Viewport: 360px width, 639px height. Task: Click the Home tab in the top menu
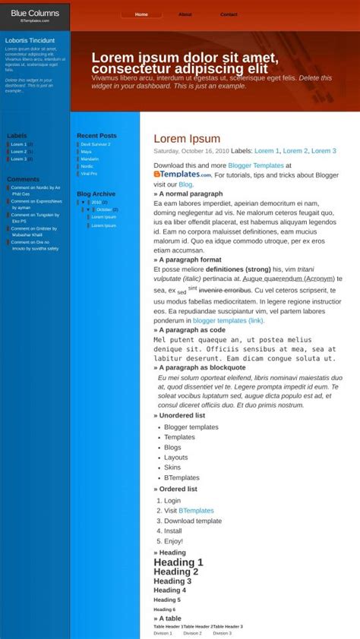coord(141,14)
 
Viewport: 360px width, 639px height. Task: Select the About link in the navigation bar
coord(185,14)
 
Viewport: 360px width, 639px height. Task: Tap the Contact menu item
coord(229,14)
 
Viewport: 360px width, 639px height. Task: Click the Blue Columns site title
coord(35,13)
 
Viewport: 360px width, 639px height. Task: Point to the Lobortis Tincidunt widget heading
coord(30,40)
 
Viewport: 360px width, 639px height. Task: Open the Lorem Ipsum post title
coord(187,139)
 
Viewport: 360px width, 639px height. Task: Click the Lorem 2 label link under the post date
coord(295,151)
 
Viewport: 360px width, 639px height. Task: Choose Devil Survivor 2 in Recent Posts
coord(96,144)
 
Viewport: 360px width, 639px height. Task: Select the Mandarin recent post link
coord(90,159)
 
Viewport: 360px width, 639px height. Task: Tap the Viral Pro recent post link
coord(89,174)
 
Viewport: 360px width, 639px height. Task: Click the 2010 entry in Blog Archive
coord(96,203)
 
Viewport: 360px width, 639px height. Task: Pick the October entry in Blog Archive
coord(104,209)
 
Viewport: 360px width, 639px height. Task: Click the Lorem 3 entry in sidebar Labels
coord(18,159)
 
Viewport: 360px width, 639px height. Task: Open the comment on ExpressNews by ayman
coord(36,204)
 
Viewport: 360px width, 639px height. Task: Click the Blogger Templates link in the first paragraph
coord(256,165)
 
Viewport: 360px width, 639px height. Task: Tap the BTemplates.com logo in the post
coord(182,175)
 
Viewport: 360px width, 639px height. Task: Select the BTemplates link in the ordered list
coord(196,511)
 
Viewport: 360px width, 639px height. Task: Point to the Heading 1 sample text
coord(178,562)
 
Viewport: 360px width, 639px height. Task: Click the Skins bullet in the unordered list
coord(172,467)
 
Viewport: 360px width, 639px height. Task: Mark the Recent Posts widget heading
coord(96,136)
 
